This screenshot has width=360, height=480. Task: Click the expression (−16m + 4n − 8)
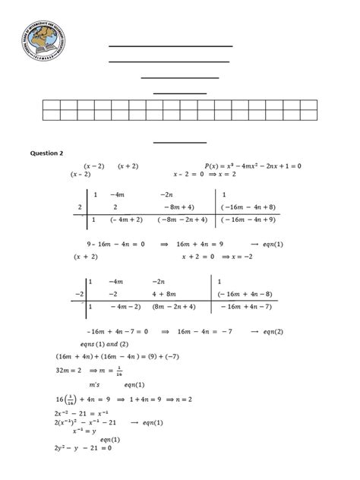point(248,293)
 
